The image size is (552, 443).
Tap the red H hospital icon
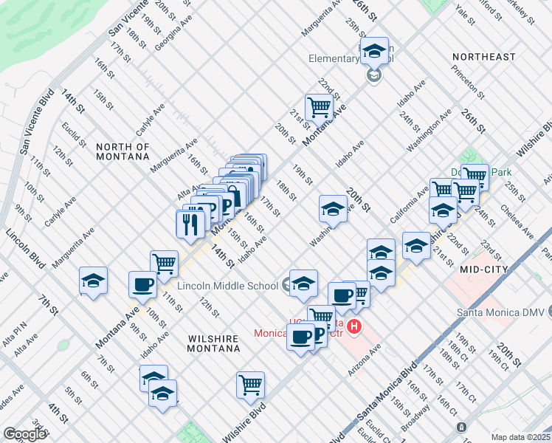(355, 326)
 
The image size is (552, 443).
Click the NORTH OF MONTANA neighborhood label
(123, 152)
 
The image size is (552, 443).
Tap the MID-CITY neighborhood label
(483, 270)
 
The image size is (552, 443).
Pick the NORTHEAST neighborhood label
(483, 57)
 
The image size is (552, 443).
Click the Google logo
(24, 433)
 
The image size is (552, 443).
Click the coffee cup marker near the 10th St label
(142, 284)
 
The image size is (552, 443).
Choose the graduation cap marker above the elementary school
(374, 50)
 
